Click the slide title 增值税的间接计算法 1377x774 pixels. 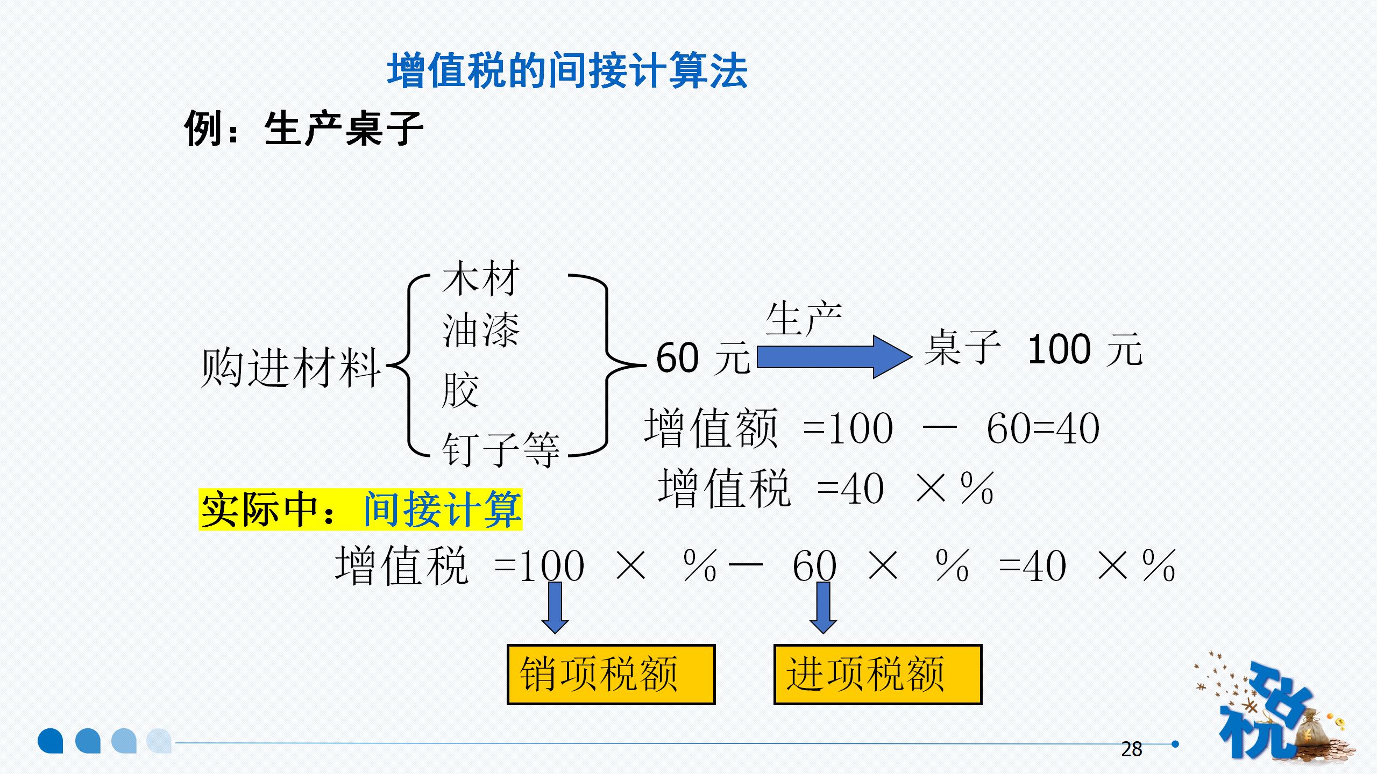pyautogui.click(x=567, y=71)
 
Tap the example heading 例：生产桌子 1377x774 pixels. pyautogui.click(x=303, y=129)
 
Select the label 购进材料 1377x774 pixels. pyautogui.click(x=290, y=368)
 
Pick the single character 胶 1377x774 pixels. pyautogui.click(x=460, y=390)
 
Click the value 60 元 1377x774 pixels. pyautogui.click(x=702, y=358)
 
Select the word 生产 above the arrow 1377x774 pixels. pyautogui.click(x=804, y=319)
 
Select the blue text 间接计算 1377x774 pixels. pyautogui.click(x=442, y=510)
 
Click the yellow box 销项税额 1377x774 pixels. pyautogui.click(x=611, y=674)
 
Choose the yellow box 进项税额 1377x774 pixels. pyautogui.click(x=878, y=674)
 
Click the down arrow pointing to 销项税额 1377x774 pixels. pyautogui.click(x=555, y=607)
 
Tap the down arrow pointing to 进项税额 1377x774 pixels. pyautogui.click(x=823, y=607)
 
